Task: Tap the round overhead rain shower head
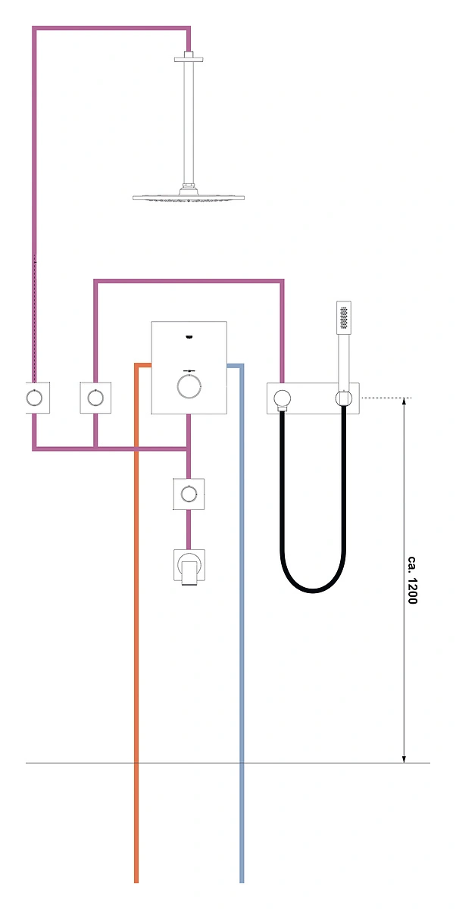pos(189,197)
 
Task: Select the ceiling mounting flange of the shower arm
pos(189,59)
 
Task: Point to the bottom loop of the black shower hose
pos(313,589)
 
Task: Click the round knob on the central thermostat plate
pos(189,386)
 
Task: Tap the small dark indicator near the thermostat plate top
pos(189,336)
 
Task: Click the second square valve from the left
pos(95,398)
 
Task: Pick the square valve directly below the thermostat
pos(189,494)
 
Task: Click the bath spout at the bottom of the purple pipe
pos(189,567)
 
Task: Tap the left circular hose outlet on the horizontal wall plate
pos(283,398)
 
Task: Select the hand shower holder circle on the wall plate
pos(344,398)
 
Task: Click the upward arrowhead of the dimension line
pos(404,402)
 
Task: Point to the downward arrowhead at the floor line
pos(404,758)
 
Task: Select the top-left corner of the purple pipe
pos(35,29)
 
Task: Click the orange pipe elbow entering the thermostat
pos(136,366)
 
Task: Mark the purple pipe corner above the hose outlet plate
pos(282,281)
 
